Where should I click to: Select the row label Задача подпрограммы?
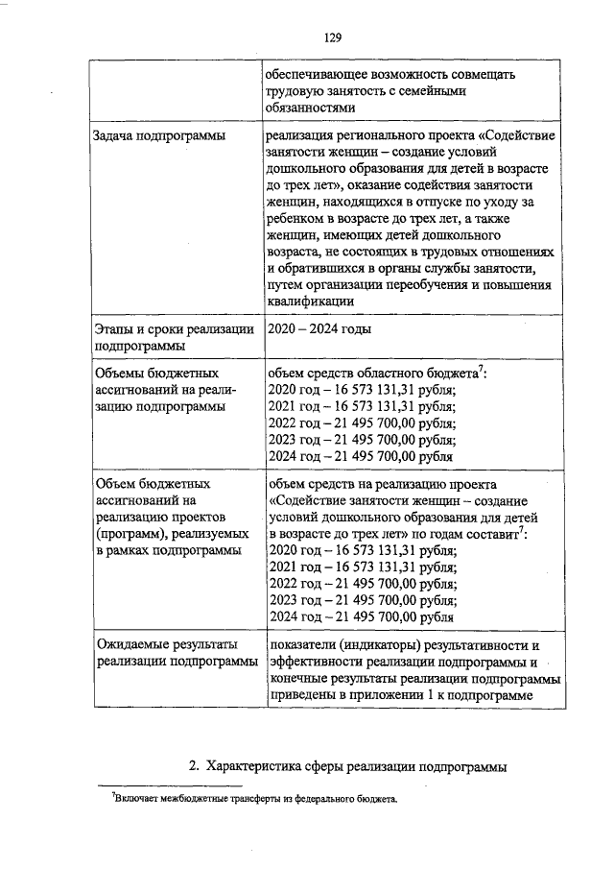[x=158, y=137]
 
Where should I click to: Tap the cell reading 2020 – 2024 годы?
[x=320, y=329]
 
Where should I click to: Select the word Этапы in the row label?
[x=115, y=329]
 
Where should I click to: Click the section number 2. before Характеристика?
[x=194, y=765]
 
